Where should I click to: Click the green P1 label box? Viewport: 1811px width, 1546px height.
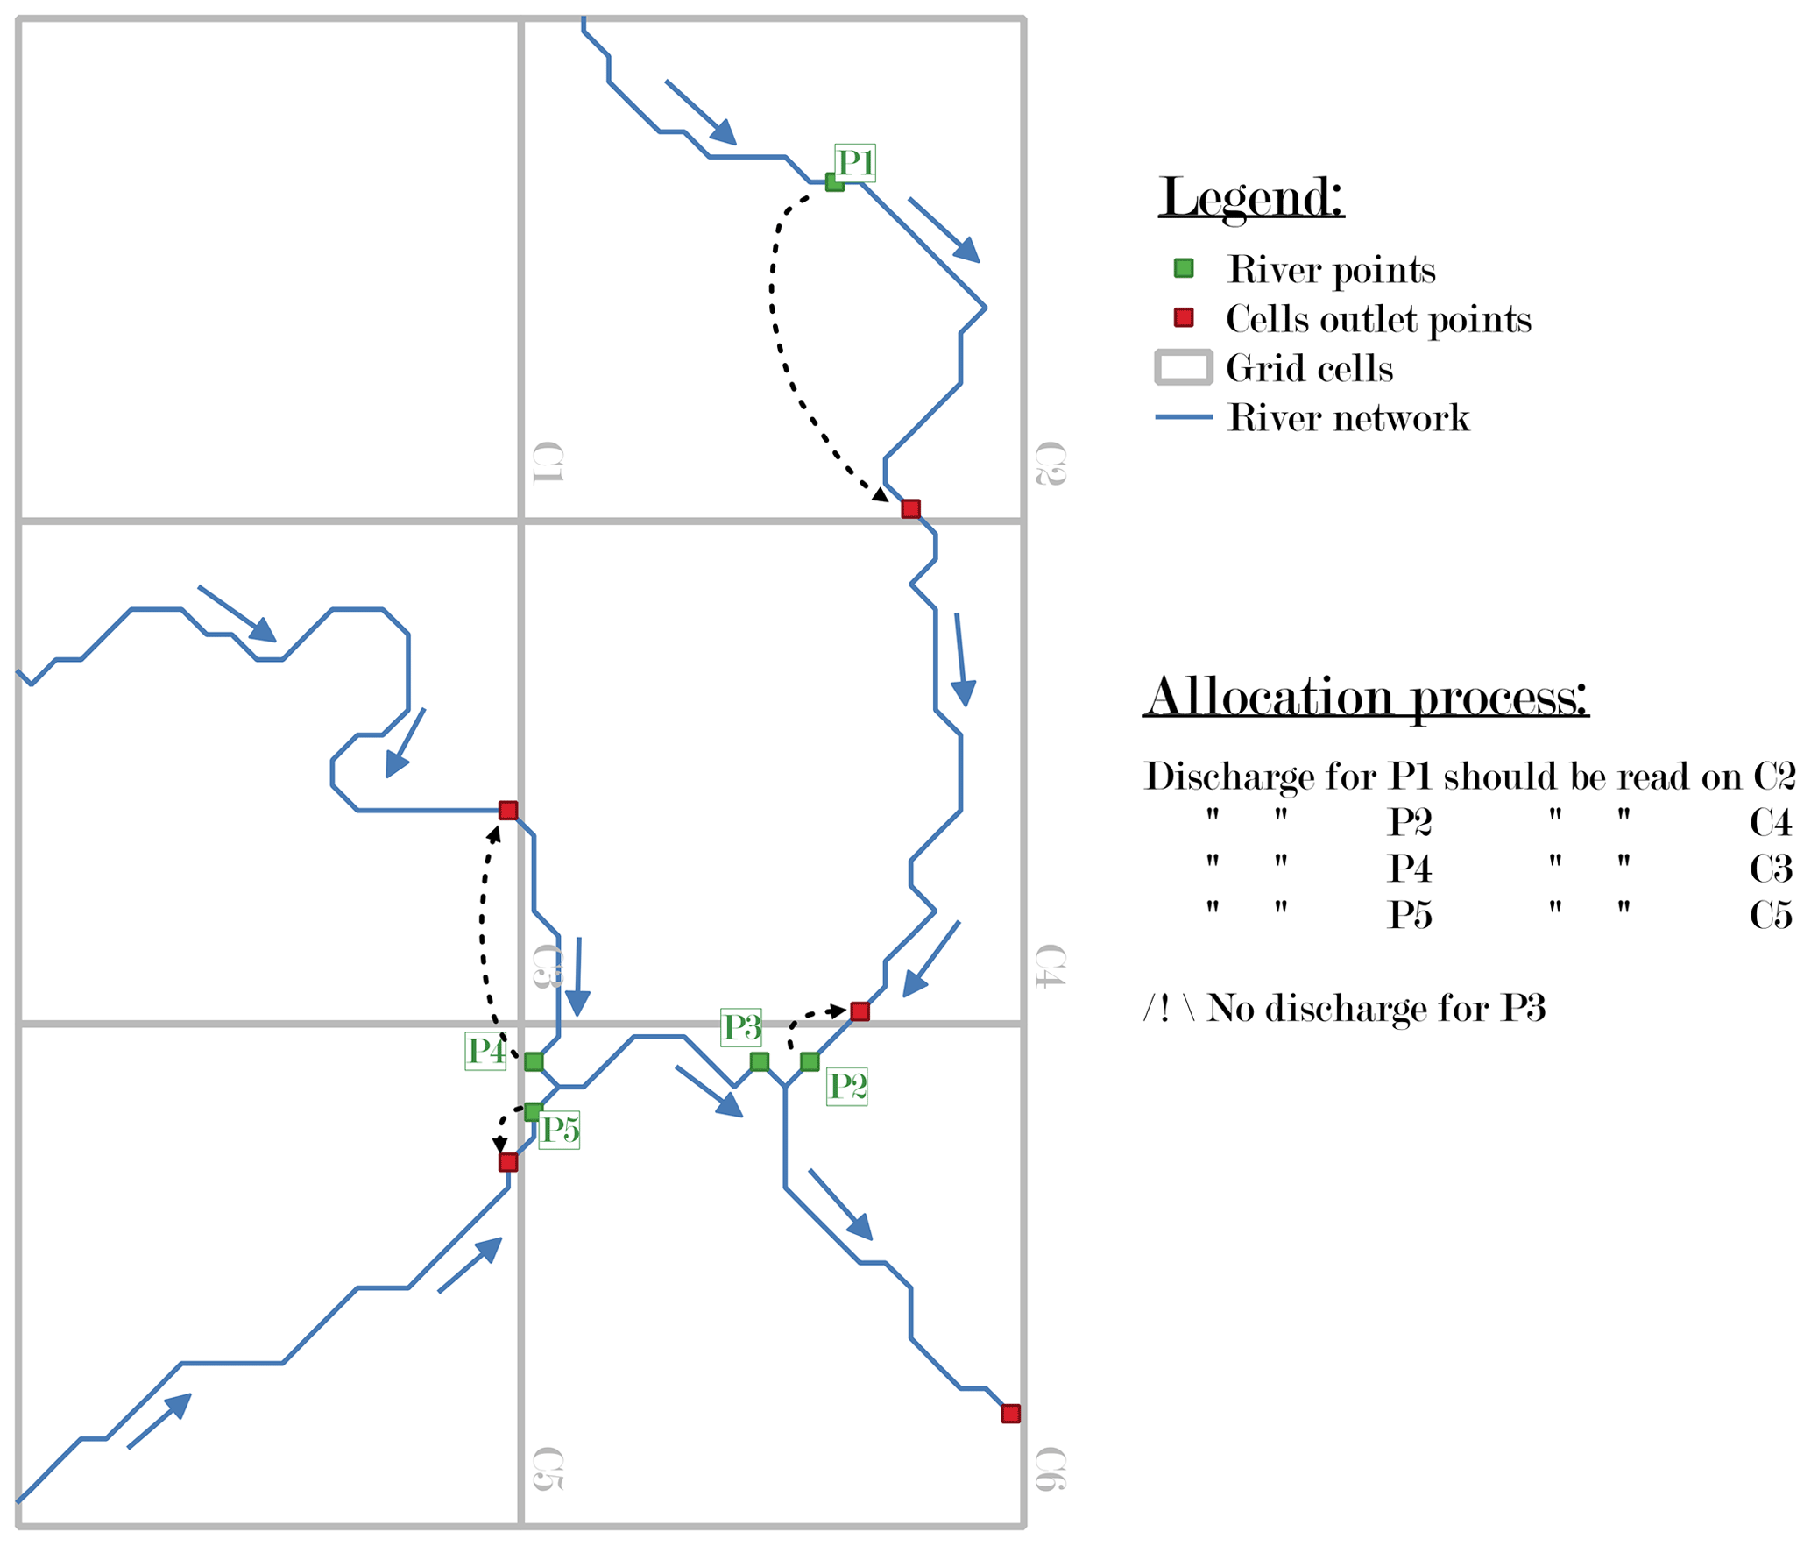click(853, 163)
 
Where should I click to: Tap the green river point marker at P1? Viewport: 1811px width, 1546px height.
click(834, 182)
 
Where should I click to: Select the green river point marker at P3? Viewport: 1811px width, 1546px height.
click(759, 1061)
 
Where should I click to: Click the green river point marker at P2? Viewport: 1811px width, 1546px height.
click(809, 1061)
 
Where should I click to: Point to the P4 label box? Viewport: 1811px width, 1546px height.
click(485, 1051)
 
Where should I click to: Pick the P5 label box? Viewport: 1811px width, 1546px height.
click(559, 1130)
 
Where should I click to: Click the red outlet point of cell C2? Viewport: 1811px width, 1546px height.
click(909, 508)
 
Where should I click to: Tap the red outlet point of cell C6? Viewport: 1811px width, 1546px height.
click(1009, 1414)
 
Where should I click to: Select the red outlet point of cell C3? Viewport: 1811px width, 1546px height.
click(507, 810)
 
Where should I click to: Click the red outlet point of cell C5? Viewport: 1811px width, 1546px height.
click(507, 1162)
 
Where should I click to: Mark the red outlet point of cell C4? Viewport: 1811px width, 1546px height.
click(860, 1011)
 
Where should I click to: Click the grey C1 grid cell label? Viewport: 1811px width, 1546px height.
click(548, 463)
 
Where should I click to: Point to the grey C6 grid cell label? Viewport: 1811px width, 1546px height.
click(1050, 1471)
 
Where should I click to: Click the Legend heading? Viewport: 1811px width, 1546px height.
click(1250, 198)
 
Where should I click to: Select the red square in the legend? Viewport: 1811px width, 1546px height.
click(1183, 317)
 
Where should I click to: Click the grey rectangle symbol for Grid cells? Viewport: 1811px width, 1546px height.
click(1183, 367)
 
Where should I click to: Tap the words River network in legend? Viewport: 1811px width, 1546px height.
click(1348, 418)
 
